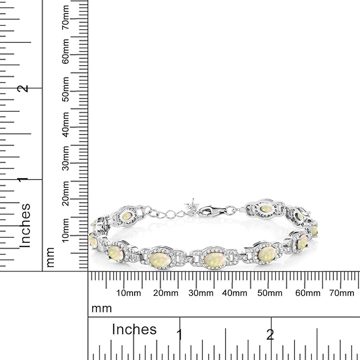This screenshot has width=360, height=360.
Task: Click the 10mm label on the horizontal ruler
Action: point(128,293)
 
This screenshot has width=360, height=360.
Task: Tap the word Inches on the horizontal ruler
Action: point(134,329)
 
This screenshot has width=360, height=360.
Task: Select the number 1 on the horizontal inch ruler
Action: point(180,334)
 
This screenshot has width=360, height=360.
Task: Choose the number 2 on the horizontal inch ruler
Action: point(270,334)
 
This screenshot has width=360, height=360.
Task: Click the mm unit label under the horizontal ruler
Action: point(102,309)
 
